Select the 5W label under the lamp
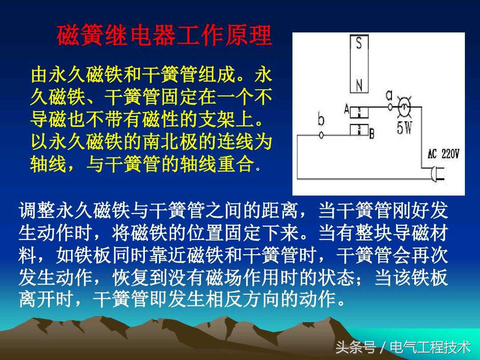tap(404, 128)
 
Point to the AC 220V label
tap(443, 154)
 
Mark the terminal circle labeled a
tap(390, 107)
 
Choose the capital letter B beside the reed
tap(372, 133)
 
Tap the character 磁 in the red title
tap(68, 36)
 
